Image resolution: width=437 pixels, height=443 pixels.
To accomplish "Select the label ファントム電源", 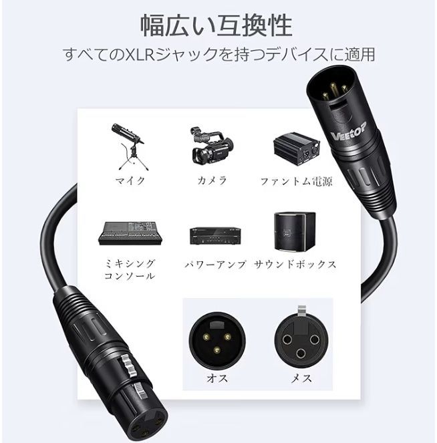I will tap(296, 180).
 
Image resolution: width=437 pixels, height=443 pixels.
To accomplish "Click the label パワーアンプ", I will tap(215, 265).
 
